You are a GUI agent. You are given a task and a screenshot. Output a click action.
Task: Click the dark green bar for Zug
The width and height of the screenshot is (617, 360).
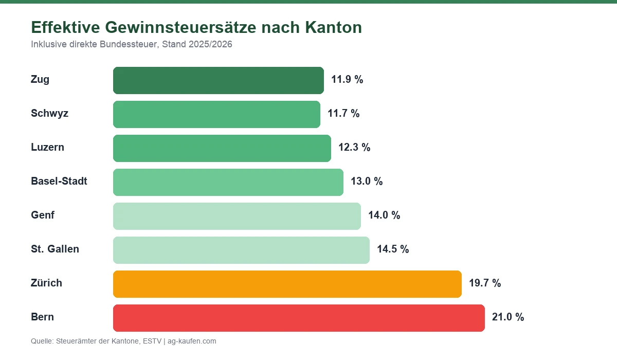(x=219, y=80)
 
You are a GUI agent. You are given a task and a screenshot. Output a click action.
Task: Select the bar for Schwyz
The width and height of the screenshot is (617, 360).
(x=216, y=114)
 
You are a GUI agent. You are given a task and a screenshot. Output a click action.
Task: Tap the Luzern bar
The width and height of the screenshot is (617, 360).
(x=222, y=148)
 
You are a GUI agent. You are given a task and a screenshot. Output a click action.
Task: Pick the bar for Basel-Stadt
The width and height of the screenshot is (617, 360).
(x=228, y=182)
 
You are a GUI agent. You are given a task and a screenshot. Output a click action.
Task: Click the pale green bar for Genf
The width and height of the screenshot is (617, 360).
(x=237, y=216)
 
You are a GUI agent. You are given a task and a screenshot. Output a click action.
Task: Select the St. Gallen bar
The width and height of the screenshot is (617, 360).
(x=241, y=250)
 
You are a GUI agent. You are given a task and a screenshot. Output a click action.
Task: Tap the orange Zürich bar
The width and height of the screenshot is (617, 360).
(x=287, y=284)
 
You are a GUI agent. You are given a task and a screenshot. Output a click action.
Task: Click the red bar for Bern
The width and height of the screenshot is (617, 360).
(x=299, y=318)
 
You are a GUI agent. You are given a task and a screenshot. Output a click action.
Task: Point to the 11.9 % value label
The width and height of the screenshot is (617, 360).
(x=347, y=80)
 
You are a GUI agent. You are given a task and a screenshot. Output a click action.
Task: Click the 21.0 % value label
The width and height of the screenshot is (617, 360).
(x=508, y=317)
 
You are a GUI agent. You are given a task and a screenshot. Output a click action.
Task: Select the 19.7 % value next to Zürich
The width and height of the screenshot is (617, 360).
(x=485, y=283)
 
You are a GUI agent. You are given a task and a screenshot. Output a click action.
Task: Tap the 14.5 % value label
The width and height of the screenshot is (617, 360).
(x=393, y=249)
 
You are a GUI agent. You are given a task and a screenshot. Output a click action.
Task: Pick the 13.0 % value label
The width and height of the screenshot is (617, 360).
(x=367, y=182)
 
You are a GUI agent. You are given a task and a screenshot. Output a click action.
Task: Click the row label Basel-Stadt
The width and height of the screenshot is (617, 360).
(x=59, y=182)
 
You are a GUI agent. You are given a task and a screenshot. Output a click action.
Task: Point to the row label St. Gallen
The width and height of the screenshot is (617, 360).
(x=55, y=249)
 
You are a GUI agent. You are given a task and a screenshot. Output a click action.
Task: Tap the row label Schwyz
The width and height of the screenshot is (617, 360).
(x=49, y=114)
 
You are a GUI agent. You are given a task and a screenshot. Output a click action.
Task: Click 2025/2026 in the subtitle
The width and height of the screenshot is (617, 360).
(x=210, y=45)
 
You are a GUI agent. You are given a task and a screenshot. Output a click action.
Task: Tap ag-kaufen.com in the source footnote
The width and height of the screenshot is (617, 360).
(x=192, y=341)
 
